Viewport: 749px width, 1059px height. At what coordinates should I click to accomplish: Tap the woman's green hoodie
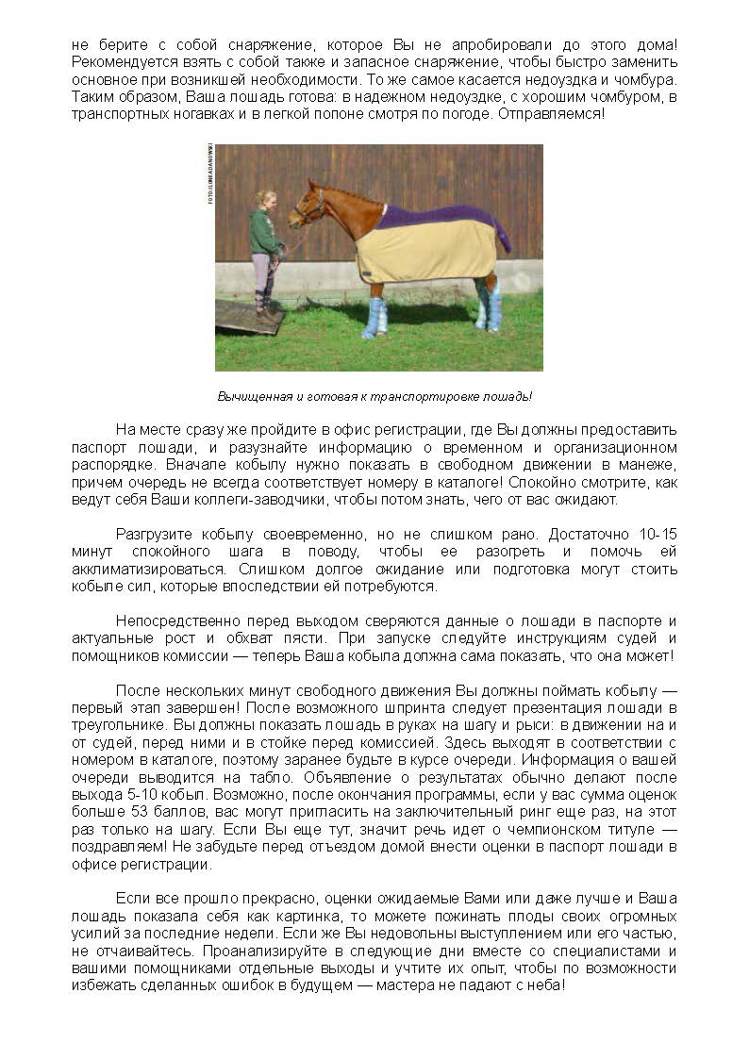pos(264,231)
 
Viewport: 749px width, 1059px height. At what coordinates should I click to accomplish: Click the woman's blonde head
pos(267,200)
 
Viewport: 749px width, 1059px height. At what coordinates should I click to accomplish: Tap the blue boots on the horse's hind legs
pos(490,306)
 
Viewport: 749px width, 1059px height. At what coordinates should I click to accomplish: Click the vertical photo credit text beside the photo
pos(208,174)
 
